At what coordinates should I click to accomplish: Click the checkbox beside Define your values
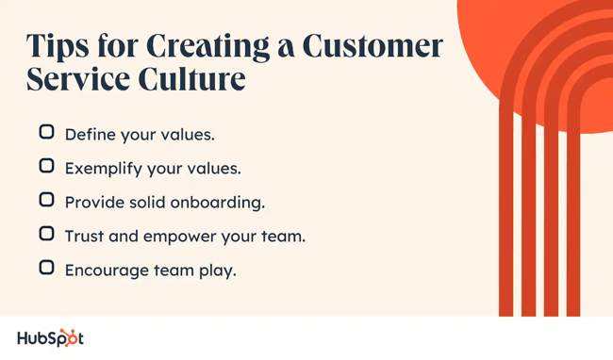click(x=46, y=133)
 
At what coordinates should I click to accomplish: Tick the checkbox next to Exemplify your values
click(x=46, y=167)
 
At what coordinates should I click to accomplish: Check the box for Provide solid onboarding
click(x=46, y=201)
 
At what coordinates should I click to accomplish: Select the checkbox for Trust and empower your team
click(x=46, y=235)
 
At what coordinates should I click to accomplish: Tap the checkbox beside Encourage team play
click(x=46, y=269)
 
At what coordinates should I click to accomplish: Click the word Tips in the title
click(x=59, y=46)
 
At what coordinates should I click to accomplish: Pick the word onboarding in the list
click(x=217, y=203)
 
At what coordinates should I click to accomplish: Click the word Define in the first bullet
click(x=87, y=135)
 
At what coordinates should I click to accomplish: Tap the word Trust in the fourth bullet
click(x=84, y=237)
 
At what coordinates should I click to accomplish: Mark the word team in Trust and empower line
click(x=282, y=237)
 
